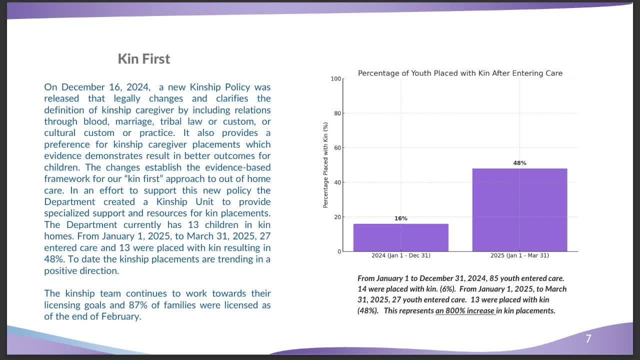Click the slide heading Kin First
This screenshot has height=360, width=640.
pyautogui.click(x=144, y=59)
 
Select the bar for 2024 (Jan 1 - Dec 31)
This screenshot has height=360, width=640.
pyautogui.click(x=400, y=237)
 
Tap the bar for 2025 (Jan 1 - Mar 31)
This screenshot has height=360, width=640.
pyautogui.click(x=519, y=210)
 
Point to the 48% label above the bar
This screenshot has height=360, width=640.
pyautogui.click(x=519, y=163)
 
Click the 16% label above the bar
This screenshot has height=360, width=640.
pyautogui.click(x=400, y=218)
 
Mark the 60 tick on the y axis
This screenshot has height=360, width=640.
pyautogui.click(x=337, y=148)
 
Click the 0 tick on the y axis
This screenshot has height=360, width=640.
pyautogui.click(x=339, y=251)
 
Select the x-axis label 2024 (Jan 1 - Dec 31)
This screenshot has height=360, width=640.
pyautogui.click(x=400, y=255)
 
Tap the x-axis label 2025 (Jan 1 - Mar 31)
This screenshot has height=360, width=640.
pyautogui.click(x=519, y=255)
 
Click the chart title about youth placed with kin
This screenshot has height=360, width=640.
pyautogui.click(x=460, y=73)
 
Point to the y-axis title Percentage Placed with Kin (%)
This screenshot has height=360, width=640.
pyautogui.click(x=325, y=165)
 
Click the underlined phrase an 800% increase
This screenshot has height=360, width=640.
pyautogui.click(x=465, y=310)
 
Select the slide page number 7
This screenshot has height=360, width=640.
pyautogui.click(x=588, y=339)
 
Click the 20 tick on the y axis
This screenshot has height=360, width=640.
pyautogui.click(x=337, y=217)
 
